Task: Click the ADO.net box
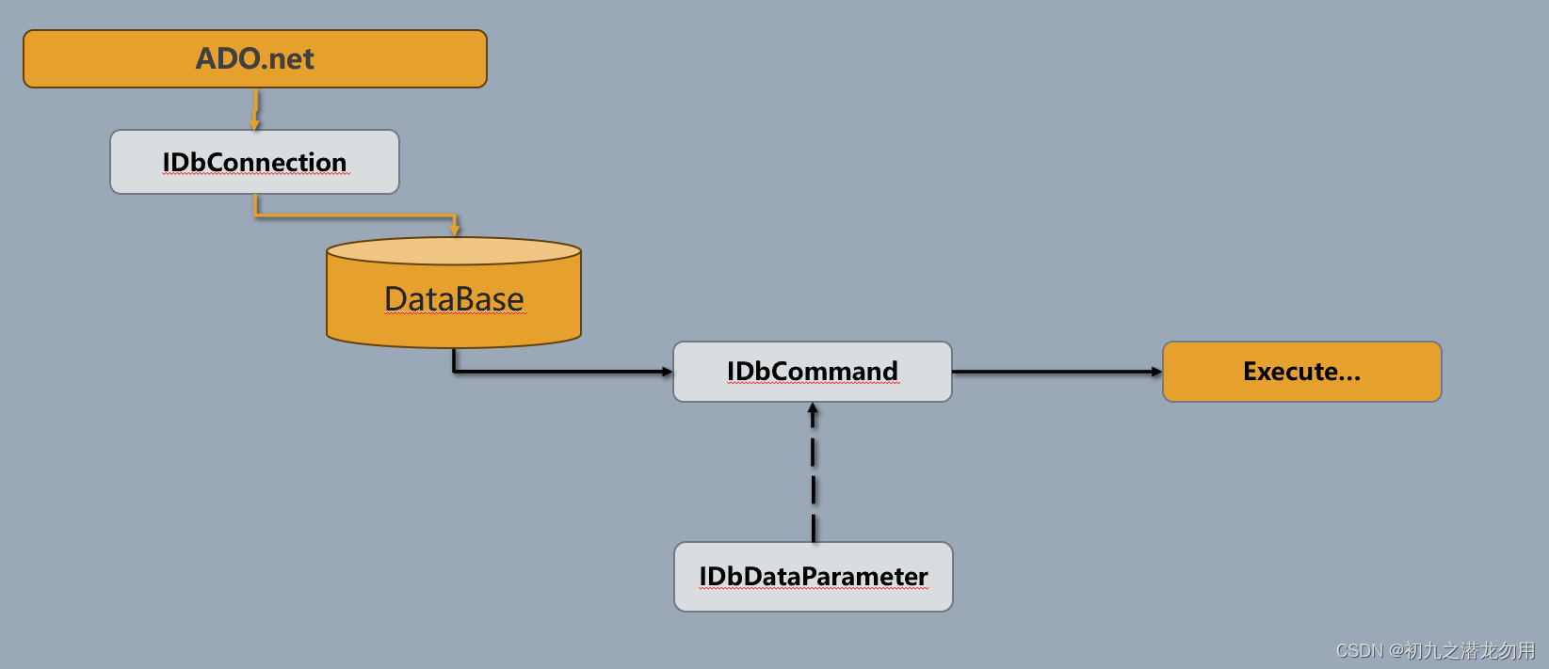click(254, 59)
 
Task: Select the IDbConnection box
click(254, 162)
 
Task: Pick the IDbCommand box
click(812, 372)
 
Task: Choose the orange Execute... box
click(1301, 372)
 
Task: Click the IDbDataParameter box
click(813, 577)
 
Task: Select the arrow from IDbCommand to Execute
click(1055, 372)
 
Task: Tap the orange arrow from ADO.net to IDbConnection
click(255, 108)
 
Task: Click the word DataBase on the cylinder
click(454, 299)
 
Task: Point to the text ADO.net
click(254, 58)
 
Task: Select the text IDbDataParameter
click(813, 577)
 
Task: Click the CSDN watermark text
click(1434, 650)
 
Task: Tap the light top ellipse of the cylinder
click(454, 251)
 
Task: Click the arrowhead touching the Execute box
click(1157, 372)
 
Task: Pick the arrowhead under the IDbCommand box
click(814, 409)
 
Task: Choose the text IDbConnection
click(254, 162)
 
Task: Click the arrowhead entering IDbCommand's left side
click(668, 372)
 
